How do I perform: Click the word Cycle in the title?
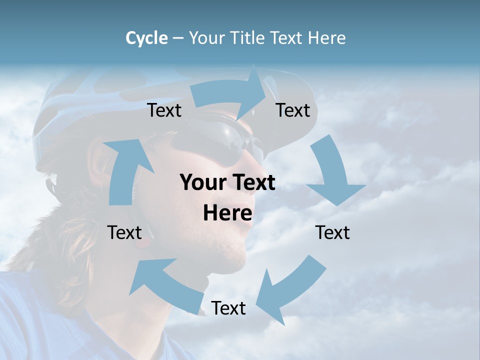pos(146,38)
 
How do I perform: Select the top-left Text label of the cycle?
pos(164,110)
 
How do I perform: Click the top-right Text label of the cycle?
pos(293,110)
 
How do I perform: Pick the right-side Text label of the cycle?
pos(332,232)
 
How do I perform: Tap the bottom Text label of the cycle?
pos(228,308)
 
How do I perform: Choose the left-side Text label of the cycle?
pos(124,232)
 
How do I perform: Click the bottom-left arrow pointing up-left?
pos(165,282)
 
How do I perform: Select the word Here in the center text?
pos(227,213)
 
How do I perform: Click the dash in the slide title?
pos(178,38)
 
